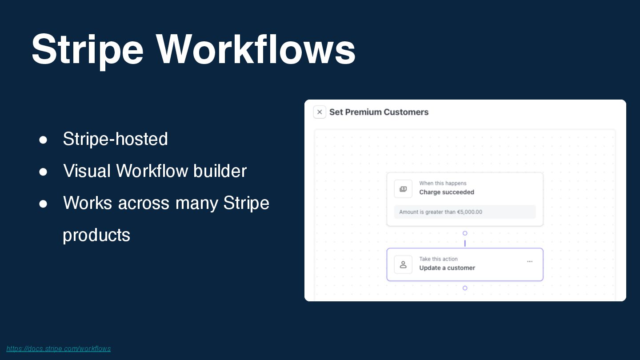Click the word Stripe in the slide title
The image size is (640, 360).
[x=87, y=50]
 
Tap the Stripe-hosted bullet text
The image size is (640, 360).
[x=115, y=139]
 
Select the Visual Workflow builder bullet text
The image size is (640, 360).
[x=155, y=171]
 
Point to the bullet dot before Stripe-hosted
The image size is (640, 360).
[x=43, y=140]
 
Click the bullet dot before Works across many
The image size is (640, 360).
[x=43, y=204]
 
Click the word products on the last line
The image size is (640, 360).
[x=96, y=235]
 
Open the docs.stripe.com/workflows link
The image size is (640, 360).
[x=59, y=348]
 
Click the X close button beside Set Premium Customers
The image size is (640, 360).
[x=320, y=112]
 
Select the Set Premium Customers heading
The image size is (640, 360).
[x=379, y=112]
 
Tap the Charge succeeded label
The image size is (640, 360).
[x=446, y=192]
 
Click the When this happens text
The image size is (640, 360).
[x=443, y=183]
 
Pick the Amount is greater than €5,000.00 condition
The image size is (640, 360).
[x=440, y=212]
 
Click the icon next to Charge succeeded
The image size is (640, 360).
[x=403, y=189]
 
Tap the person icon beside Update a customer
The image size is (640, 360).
[x=403, y=264]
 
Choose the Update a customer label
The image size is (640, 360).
[x=447, y=268]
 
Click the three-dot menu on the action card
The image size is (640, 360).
[x=530, y=261]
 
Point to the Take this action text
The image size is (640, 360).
[x=438, y=259]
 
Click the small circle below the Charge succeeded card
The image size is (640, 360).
[x=465, y=233]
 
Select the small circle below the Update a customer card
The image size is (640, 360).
[x=465, y=288]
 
